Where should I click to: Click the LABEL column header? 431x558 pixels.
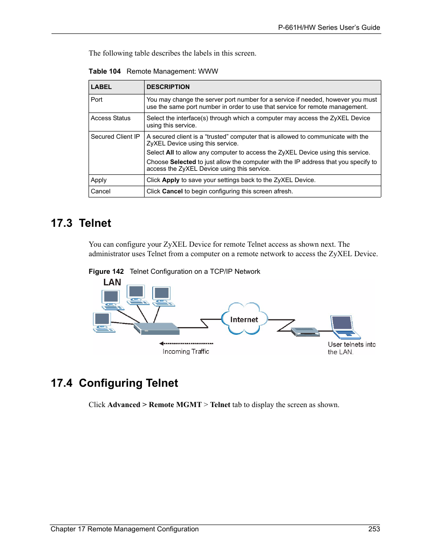101,87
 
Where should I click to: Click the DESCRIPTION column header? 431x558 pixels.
168,87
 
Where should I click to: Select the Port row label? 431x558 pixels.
97,100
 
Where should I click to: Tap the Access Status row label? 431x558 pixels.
111,118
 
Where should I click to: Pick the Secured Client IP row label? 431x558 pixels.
115,137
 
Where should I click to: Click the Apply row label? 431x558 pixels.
98,180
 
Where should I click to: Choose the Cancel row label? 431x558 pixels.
101,192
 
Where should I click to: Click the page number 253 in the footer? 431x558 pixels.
374,529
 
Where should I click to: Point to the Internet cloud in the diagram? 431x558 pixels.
244,319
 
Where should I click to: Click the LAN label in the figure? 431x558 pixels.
112,282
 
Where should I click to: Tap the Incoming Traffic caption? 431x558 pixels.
186,352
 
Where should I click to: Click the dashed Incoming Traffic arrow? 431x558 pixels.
186,343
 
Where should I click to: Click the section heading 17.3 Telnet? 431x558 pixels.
81,223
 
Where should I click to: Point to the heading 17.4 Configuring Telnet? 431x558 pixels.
114,383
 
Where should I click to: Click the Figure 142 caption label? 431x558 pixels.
106,272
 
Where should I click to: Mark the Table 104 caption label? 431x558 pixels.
105,71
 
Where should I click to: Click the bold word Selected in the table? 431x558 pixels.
183,162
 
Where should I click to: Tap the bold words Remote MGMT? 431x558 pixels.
175,405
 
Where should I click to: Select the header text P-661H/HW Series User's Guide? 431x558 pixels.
329,28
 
